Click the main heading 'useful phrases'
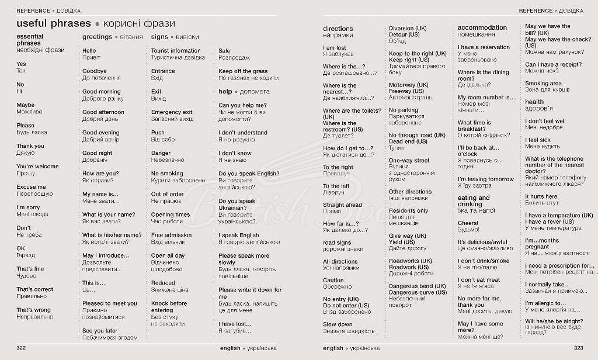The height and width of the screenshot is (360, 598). pyautogui.click(x=54, y=23)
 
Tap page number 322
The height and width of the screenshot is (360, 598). pyautogui.click(x=22, y=348)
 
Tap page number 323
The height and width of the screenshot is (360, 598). pyautogui.click(x=578, y=348)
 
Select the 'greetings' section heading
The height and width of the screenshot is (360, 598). pyautogui.click(x=98, y=37)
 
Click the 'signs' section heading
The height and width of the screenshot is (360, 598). pyautogui.click(x=159, y=37)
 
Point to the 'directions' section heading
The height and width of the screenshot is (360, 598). pyautogui.click(x=338, y=29)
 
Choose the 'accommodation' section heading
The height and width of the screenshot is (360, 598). pyautogui.click(x=482, y=27)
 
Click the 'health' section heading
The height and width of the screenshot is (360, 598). pyautogui.click(x=534, y=102)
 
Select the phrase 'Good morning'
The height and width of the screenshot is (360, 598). pyautogui.click(x=101, y=92)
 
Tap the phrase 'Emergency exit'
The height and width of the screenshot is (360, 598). pyautogui.click(x=172, y=112)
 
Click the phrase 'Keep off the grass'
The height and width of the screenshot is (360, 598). pyautogui.click(x=243, y=71)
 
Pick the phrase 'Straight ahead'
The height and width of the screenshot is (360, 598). pyautogui.click(x=342, y=205)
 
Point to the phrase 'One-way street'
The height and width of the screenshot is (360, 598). pyautogui.click(x=409, y=160)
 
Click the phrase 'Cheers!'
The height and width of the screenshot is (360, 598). pyautogui.click(x=468, y=223)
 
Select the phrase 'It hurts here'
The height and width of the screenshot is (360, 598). pyautogui.click(x=541, y=196)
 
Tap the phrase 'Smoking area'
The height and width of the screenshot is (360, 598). pyautogui.click(x=543, y=84)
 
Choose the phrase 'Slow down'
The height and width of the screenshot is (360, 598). pyautogui.click(x=338, y=324)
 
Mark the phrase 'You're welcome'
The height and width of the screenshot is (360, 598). pyautogui.click(x=37, y=167)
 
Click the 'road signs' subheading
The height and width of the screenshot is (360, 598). pyautogui.click(x=337, y=243)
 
